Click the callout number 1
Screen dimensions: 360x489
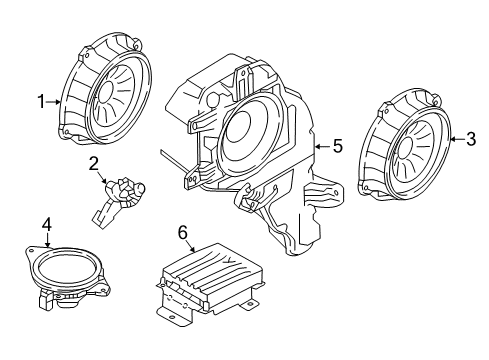[41, 101]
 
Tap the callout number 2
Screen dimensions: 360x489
[92, 163]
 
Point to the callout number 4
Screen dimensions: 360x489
[46, 225]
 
